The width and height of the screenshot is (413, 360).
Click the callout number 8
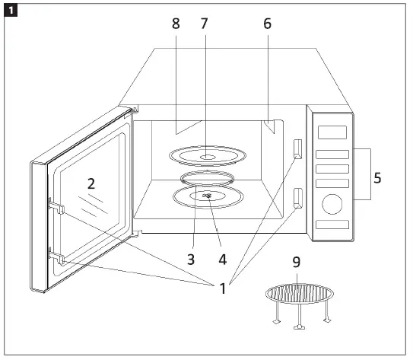176,24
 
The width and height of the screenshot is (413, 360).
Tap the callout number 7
203,24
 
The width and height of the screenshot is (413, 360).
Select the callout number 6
266,24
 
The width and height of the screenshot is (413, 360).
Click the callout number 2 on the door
91,183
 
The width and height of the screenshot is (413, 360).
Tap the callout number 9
297,262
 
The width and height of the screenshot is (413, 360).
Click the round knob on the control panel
331,204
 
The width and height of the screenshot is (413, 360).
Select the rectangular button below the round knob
331,225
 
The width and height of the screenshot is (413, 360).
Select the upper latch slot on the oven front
297,148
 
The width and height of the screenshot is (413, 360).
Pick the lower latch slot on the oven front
297,198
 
